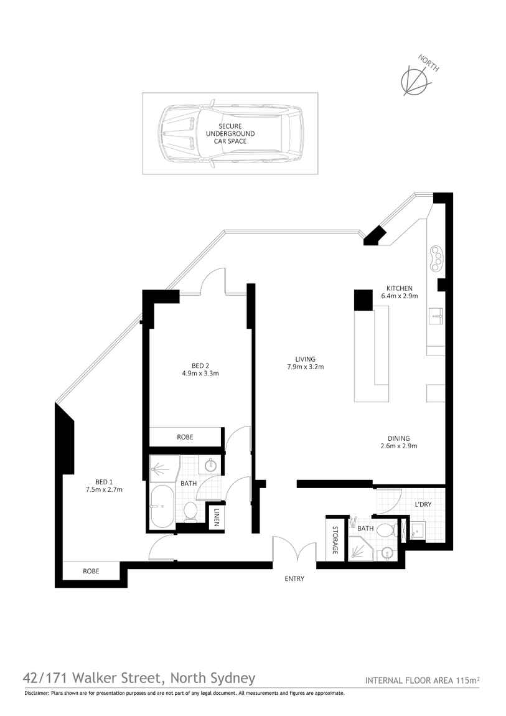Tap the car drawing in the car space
(x=230, y=133)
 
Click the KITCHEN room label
(x=399, y=288)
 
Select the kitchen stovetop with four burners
(x=437, y=258)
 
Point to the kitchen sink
(x=437, y=316)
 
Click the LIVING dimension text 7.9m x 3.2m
(x=305, y=367)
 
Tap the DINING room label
(x=399, y=438)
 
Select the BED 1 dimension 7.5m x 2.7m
(x=104, y=489)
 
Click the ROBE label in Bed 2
(x=185, y=437)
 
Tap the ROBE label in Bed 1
(x=91, y=571)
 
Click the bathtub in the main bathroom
(x=162, y=506)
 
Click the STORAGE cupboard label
(x=335, y=540)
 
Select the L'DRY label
(x=423, y=504)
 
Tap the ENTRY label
(x=294, y=578)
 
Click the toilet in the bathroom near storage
(x=386, y=530)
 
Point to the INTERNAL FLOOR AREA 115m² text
(x=422, y=681)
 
